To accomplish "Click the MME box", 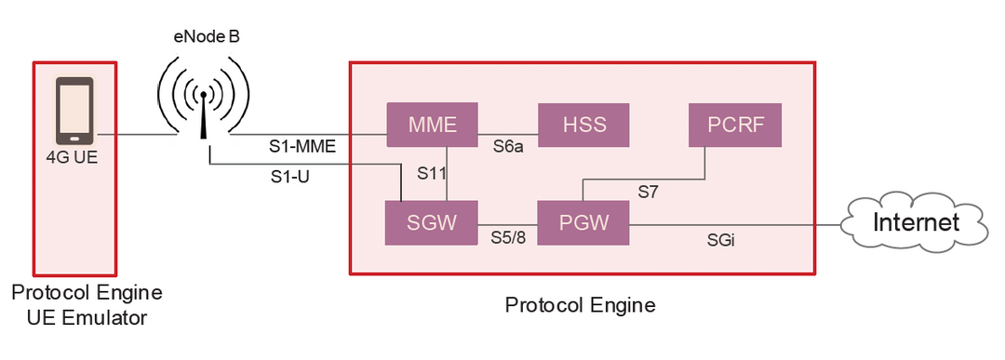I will pyautogui.click(x=433, y=125).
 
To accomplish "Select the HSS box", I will pyautogui.click(x=584, y=125).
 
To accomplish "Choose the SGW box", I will pyautogui.click(x=432, y=223).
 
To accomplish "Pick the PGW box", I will pyautogui.click(x=583, y=223).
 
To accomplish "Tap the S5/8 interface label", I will pyautogui.click(x=508, y=237).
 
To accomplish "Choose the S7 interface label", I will pyautogui.click(x=648, y=192).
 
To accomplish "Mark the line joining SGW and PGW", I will pyautogui.click(x=507, y=223).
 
